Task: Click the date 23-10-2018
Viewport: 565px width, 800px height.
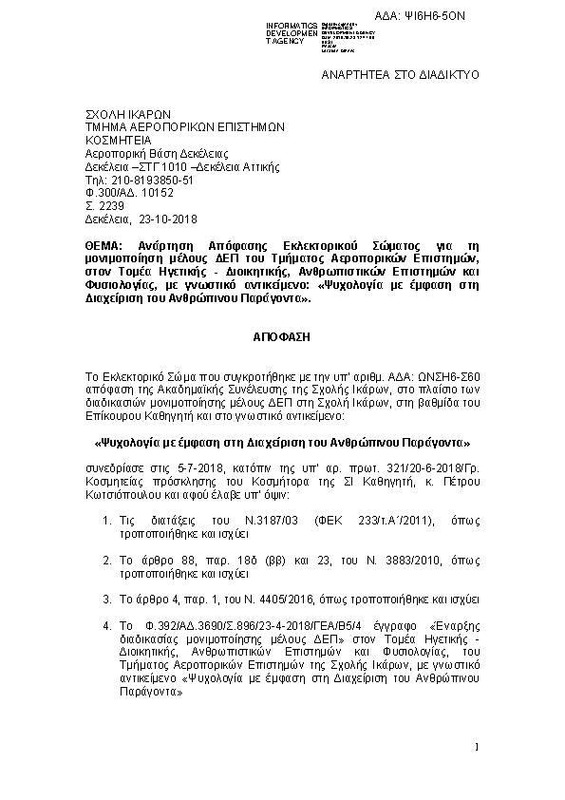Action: (x=167, y=219)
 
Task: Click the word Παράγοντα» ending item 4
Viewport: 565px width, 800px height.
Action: (x=149, y=694)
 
